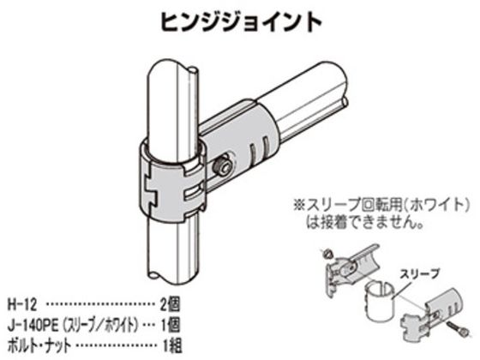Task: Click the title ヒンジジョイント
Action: click(241, 22)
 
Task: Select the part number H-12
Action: click(22, 304)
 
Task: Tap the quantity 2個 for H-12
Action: click(171, 304)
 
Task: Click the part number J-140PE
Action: click(33, 325)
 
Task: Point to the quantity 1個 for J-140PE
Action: click(171, 325)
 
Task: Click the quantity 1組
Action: click(171, 345)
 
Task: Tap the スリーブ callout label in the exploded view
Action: click(419, 273)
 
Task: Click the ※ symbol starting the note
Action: click(298, 205)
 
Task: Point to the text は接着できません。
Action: click(365, 223)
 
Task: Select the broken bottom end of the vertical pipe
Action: click(174, 275)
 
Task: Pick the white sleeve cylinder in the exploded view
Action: click(380, 302)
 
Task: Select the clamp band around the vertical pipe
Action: click(172, 179)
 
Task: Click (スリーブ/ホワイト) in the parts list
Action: click(99, 325)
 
